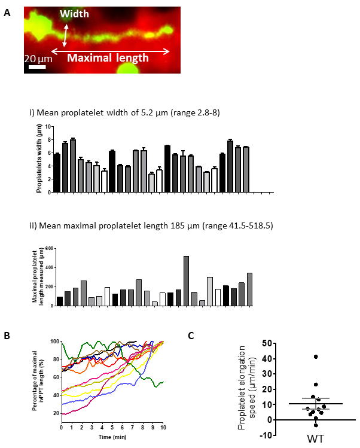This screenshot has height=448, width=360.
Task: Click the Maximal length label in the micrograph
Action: [107, 59]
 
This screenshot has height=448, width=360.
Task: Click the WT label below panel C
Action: [315, 438]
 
